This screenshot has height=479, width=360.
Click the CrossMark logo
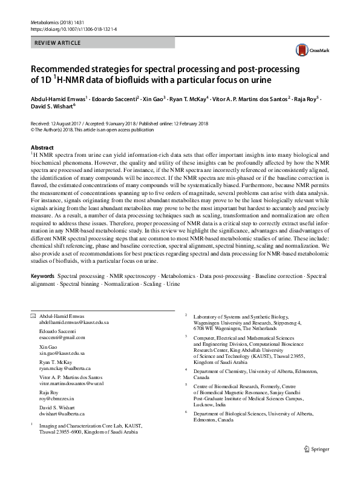(306, 51)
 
